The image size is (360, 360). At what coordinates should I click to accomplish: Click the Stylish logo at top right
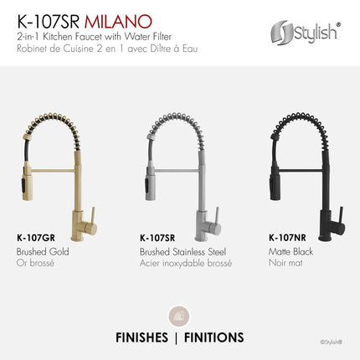[305, 33]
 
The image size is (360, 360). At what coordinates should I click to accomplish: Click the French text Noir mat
[285, 262]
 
